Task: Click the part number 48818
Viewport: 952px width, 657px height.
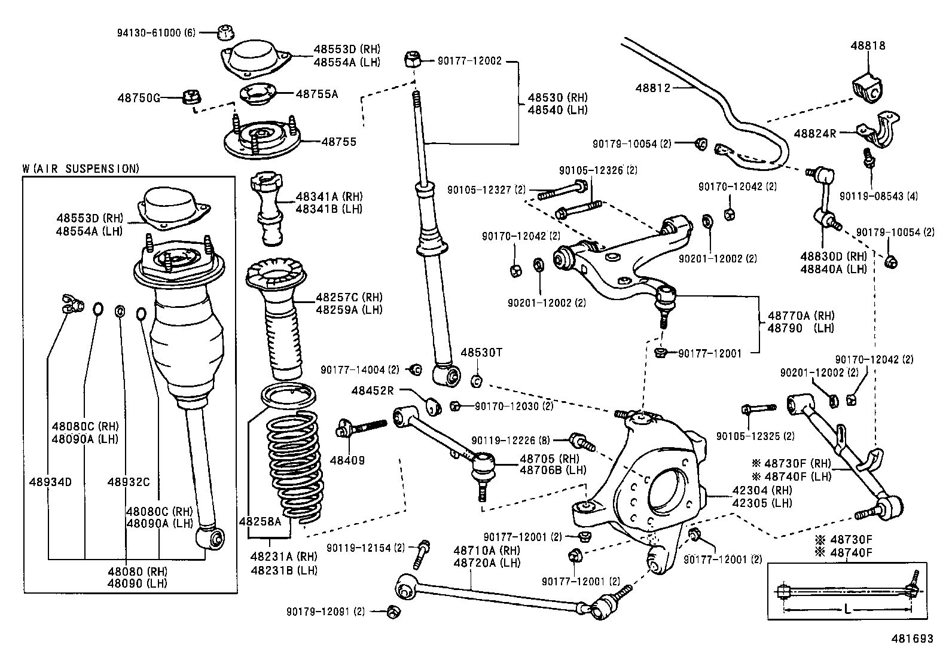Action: pos(869,45)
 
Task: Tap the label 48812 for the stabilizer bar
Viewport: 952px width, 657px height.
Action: pos(654,88)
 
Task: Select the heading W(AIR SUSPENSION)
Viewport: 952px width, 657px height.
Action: pos(81,169)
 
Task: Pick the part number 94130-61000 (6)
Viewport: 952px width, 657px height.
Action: pos(156,32)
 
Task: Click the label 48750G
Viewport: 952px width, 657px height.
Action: pos(139,97)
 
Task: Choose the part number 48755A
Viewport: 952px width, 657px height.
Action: pos(316,94)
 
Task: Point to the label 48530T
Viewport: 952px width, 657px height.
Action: pos(481,353)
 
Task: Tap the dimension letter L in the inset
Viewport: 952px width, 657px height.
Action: pos(847,609)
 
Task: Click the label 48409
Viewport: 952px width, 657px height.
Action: pos(347,460)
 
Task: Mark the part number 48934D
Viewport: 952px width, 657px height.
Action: pos(50,481)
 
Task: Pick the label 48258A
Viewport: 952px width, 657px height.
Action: pos(260,521)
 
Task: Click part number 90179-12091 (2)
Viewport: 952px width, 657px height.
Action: pos(325,611)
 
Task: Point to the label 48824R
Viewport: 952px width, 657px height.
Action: pos(815,133)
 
